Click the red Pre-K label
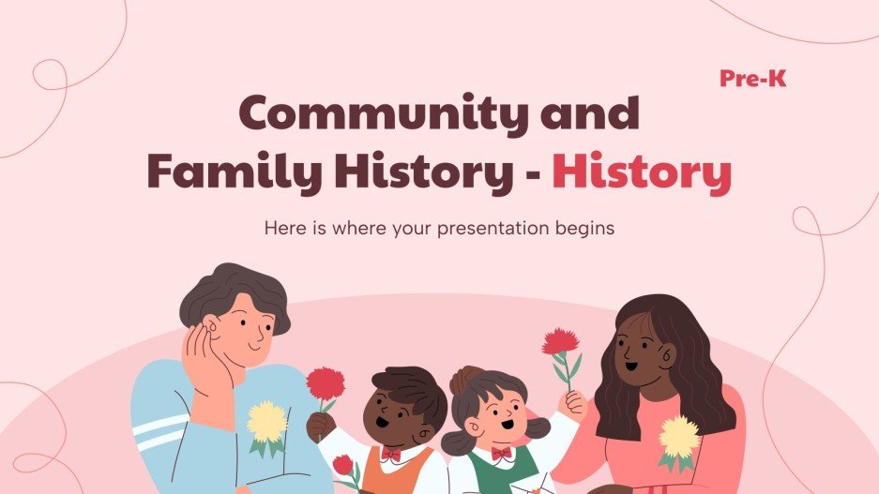click(x=752, y=80)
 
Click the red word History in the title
click(x=641, y=173)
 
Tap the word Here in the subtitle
click(x=285, y=228)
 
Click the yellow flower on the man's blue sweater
click(x=266, y=422)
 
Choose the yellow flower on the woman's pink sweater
click(x=678, y=437)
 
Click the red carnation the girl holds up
click(x=560, y=342)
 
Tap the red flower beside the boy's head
click(x=326, y=383)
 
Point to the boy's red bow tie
click(x=391, y=454)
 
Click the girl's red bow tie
click(x=503, y=454)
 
